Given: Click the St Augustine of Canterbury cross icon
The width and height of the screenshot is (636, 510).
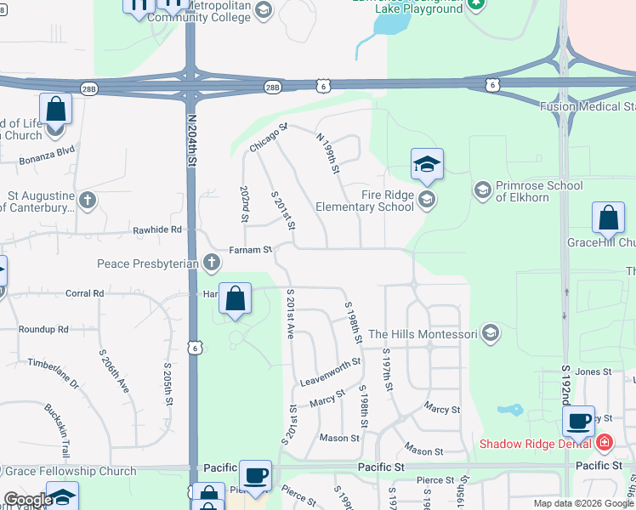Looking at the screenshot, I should click(87, 201).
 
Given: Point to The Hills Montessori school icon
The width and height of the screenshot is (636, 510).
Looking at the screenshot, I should click(490, 334).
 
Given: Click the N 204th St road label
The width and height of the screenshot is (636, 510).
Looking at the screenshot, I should click(192, 136).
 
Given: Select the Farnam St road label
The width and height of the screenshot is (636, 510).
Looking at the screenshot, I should click(250, 250).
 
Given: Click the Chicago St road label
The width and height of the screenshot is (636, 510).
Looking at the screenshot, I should click(270, 138).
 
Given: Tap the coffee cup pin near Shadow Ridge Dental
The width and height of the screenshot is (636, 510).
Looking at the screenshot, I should click(578, 421).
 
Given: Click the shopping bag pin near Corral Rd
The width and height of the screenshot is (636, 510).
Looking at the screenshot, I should click(236, 299).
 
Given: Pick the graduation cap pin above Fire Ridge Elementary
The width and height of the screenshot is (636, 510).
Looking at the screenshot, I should click(427, 165).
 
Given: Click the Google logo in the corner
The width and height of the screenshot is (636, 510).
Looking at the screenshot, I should click(28, 500).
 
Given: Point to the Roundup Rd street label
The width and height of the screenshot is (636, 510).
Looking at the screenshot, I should click(43, 330).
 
